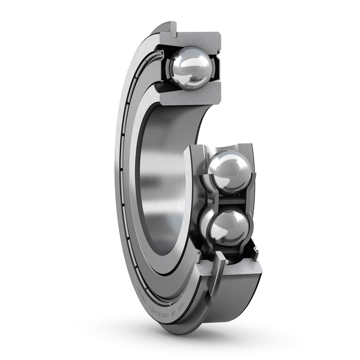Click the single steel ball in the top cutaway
point(190,68)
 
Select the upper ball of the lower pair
point(229,171)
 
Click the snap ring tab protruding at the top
point(172,27)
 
